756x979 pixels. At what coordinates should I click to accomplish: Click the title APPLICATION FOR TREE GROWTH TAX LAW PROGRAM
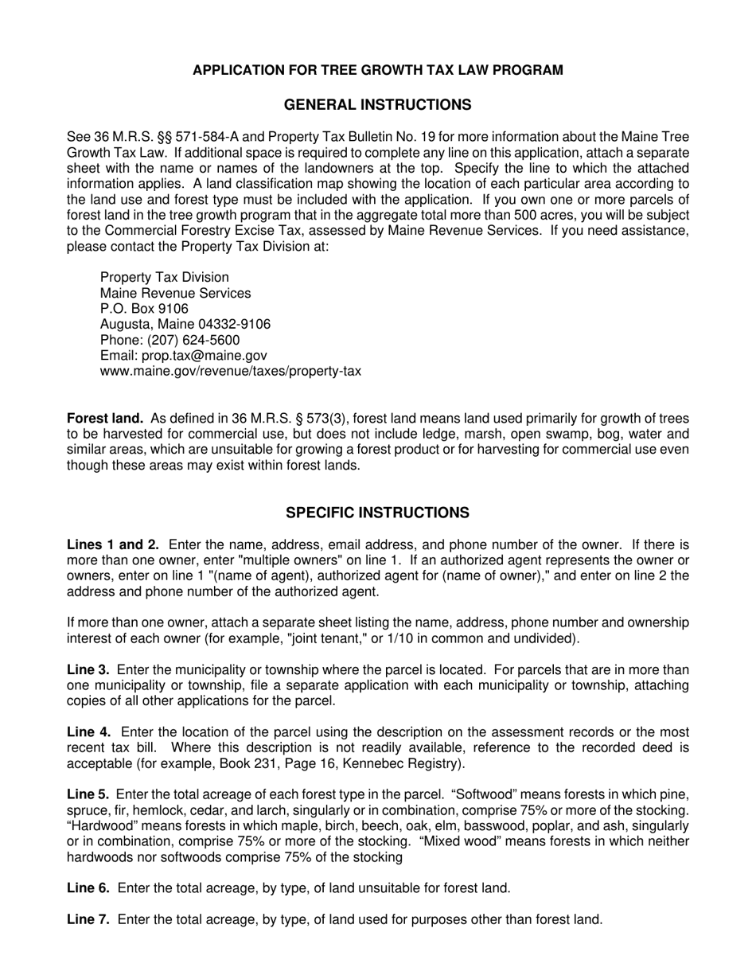click(377, 70)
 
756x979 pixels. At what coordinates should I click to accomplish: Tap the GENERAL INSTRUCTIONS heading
click(377, 105)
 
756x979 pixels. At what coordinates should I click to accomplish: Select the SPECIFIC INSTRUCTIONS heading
click(377, 513)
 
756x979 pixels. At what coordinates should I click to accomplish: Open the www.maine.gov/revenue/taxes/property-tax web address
click(230, 371)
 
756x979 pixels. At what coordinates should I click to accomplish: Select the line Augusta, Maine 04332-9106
click(185, 325)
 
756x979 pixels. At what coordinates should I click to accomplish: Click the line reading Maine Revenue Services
click(175, 293)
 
